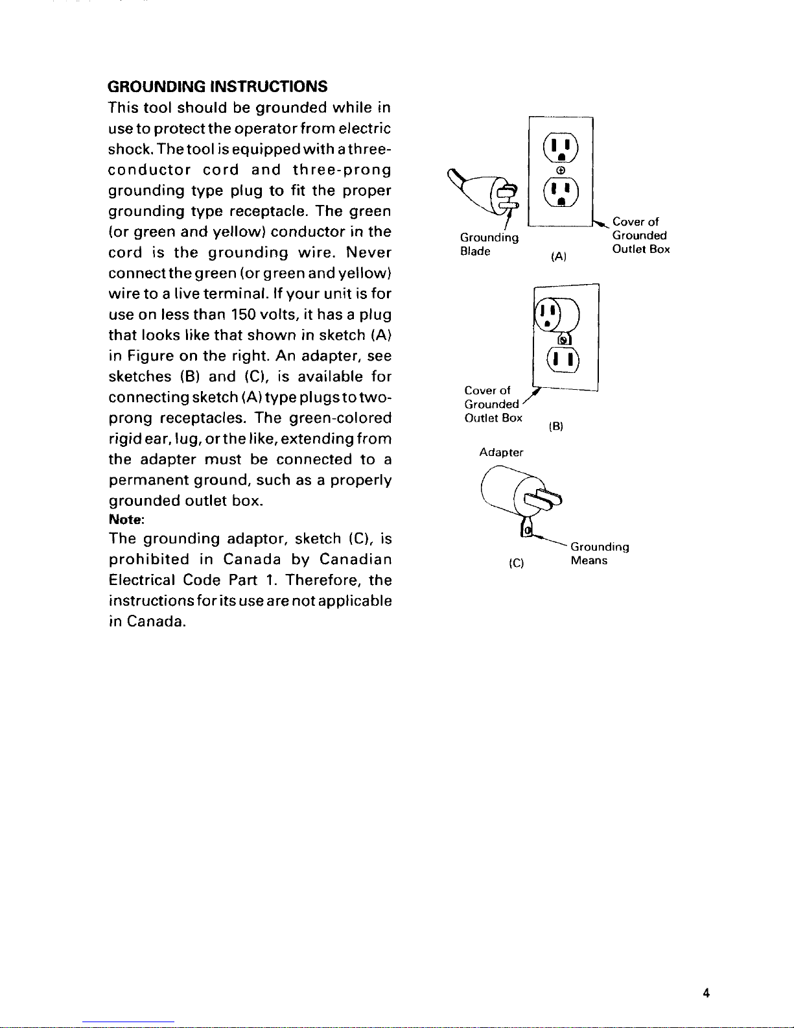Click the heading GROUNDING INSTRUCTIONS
(218, 86)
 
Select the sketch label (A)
(559, 257)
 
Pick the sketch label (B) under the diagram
(556, 426)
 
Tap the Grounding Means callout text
(599, 554)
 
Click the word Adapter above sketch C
(501, 452)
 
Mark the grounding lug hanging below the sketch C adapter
(528, 529)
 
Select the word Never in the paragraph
(368, 252)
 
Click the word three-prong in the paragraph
(342, 170)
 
